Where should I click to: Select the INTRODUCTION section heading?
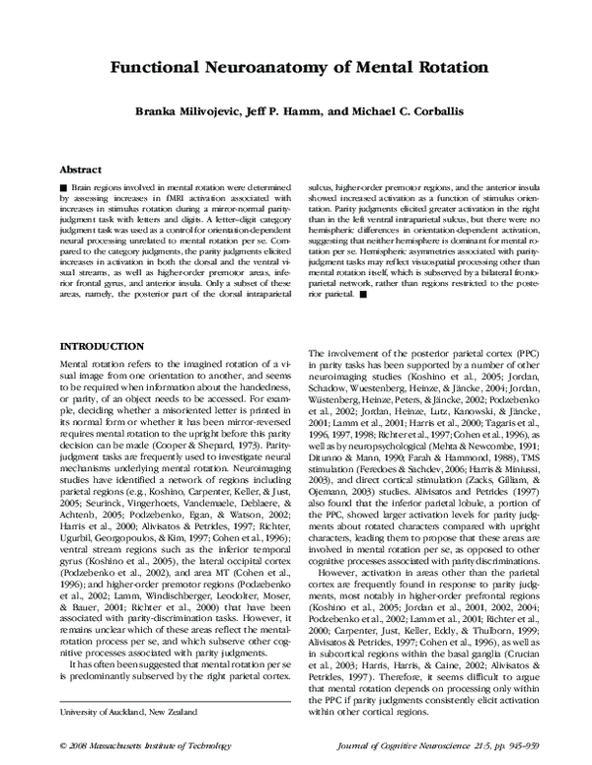104,348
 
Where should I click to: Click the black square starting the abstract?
64,186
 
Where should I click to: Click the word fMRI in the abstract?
158,197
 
